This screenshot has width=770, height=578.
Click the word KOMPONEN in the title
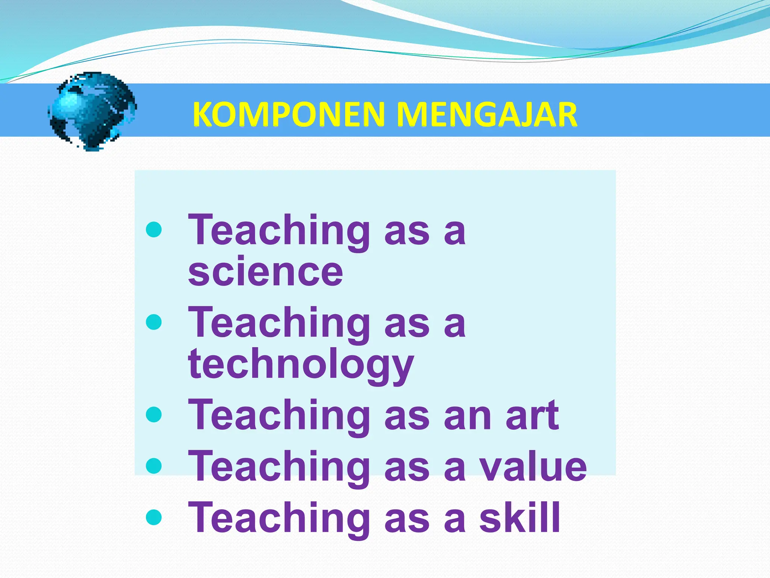click(x=289, y=114)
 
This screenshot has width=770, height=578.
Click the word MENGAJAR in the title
click(x=487, y=114)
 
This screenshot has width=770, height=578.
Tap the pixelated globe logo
click(x=92, y=111)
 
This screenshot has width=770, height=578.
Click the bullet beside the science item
click(x=154, y=230)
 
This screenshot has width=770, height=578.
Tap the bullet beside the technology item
click(x=154, y=322)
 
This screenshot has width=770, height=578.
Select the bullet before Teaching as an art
click(x=154, y=415)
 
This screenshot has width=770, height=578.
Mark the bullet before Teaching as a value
click(x=154, y=466)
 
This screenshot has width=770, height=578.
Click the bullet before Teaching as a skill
click(x=154, y=517)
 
